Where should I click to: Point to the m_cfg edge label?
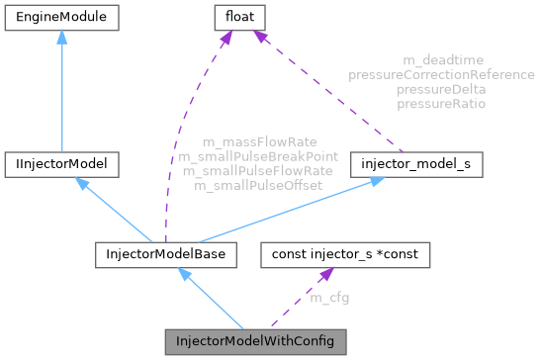[329, 298]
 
